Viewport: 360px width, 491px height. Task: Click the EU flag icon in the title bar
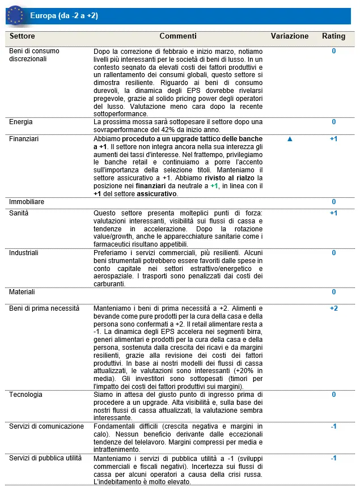point(15,16)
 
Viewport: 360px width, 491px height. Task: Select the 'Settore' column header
point(22,36)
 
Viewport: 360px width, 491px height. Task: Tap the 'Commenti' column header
point(178,36)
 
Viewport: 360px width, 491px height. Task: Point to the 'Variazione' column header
point(290,36)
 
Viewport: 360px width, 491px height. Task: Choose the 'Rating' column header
point(333,36)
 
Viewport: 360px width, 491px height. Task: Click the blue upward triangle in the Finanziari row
point(290,139)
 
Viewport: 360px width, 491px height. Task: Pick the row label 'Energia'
point(22,122)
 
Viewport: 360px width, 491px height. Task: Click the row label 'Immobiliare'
point(27,202)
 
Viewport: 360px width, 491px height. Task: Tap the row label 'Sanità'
point(19,213)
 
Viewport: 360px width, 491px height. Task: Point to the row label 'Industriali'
point(24,253)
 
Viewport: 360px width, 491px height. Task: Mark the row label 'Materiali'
point(22,292)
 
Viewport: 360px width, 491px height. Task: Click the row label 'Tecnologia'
point(26,395)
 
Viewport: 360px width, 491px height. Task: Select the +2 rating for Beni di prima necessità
point(333,308)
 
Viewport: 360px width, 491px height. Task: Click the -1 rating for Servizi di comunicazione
point(333,426)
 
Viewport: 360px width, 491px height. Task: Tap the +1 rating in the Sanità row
point(333,213)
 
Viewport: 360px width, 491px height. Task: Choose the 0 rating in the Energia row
point(333,122)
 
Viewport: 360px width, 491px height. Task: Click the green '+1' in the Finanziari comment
point(214,186)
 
